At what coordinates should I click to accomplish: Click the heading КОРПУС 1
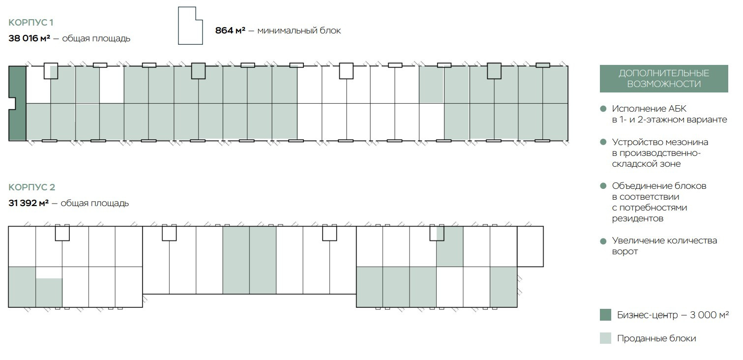31,22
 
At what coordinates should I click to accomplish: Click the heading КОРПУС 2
31,187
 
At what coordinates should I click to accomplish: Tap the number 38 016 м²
29,38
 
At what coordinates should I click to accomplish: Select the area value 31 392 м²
29,203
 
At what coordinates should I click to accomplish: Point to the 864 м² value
230,30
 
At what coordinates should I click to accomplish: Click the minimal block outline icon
189,26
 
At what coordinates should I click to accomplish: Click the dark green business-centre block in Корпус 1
17,103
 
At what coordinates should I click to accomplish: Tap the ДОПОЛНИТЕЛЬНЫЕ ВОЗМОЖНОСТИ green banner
663,79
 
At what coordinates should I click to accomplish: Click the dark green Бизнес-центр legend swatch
605,315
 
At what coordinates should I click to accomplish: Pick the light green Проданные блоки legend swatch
605,338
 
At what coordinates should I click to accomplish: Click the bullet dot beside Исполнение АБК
603,109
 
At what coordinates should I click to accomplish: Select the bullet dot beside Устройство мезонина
603,142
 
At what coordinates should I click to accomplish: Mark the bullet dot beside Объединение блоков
603,186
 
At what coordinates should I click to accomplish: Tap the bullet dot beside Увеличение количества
603,241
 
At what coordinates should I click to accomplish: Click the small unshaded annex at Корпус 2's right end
530,246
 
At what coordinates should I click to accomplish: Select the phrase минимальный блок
299,30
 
